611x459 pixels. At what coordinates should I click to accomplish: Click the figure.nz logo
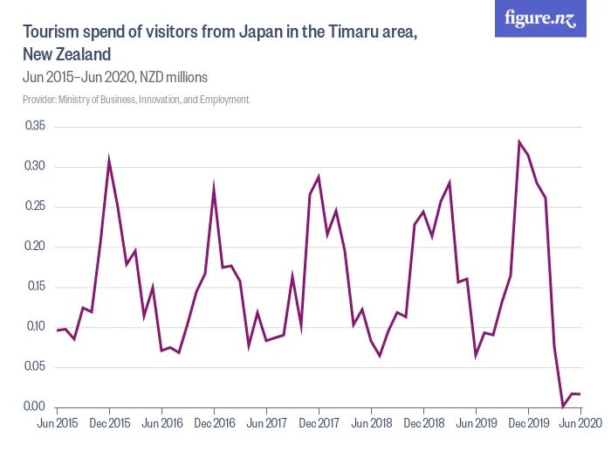[x=541, y=18]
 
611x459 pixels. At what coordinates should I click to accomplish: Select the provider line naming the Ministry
[x=136, y=100]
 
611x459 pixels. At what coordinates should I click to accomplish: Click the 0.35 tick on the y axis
[x=35, y=127]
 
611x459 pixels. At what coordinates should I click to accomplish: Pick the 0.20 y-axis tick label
[x=35, y=247]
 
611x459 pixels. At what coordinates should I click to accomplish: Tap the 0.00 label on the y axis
[x=35, y=407]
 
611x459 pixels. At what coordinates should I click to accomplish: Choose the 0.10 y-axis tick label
[x=35, y=327]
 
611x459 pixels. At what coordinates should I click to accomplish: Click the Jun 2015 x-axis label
[x=57, y=423]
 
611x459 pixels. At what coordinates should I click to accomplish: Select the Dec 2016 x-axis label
[x=214, y=423]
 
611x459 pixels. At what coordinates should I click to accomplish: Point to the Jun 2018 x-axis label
[x=371, y=423]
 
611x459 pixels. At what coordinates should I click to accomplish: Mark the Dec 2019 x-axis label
[x=528, y=423]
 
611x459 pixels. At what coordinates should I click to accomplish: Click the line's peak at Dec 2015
[x=109, y=161]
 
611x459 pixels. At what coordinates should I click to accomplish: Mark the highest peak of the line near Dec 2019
[x=519, y=142]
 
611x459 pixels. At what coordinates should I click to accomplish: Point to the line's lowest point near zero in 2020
[x=563, y=407]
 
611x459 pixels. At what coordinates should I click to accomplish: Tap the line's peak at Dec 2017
[x=319, y=177]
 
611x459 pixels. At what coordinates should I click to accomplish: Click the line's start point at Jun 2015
[x=57, y=330]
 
